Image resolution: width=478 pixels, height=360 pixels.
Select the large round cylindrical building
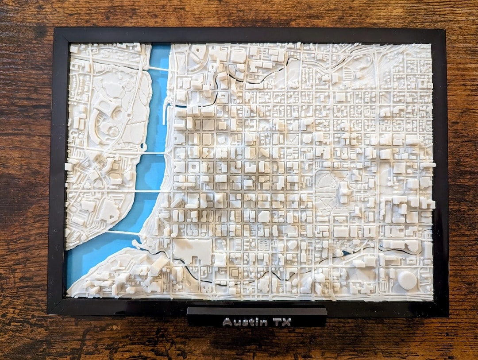(x=407, y=280)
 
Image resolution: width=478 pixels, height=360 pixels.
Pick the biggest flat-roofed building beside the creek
(x=193, y=251)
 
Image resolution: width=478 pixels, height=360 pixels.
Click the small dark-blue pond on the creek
(x=346, y=253)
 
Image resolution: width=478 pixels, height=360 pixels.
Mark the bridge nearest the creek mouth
(x=124, y=232)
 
